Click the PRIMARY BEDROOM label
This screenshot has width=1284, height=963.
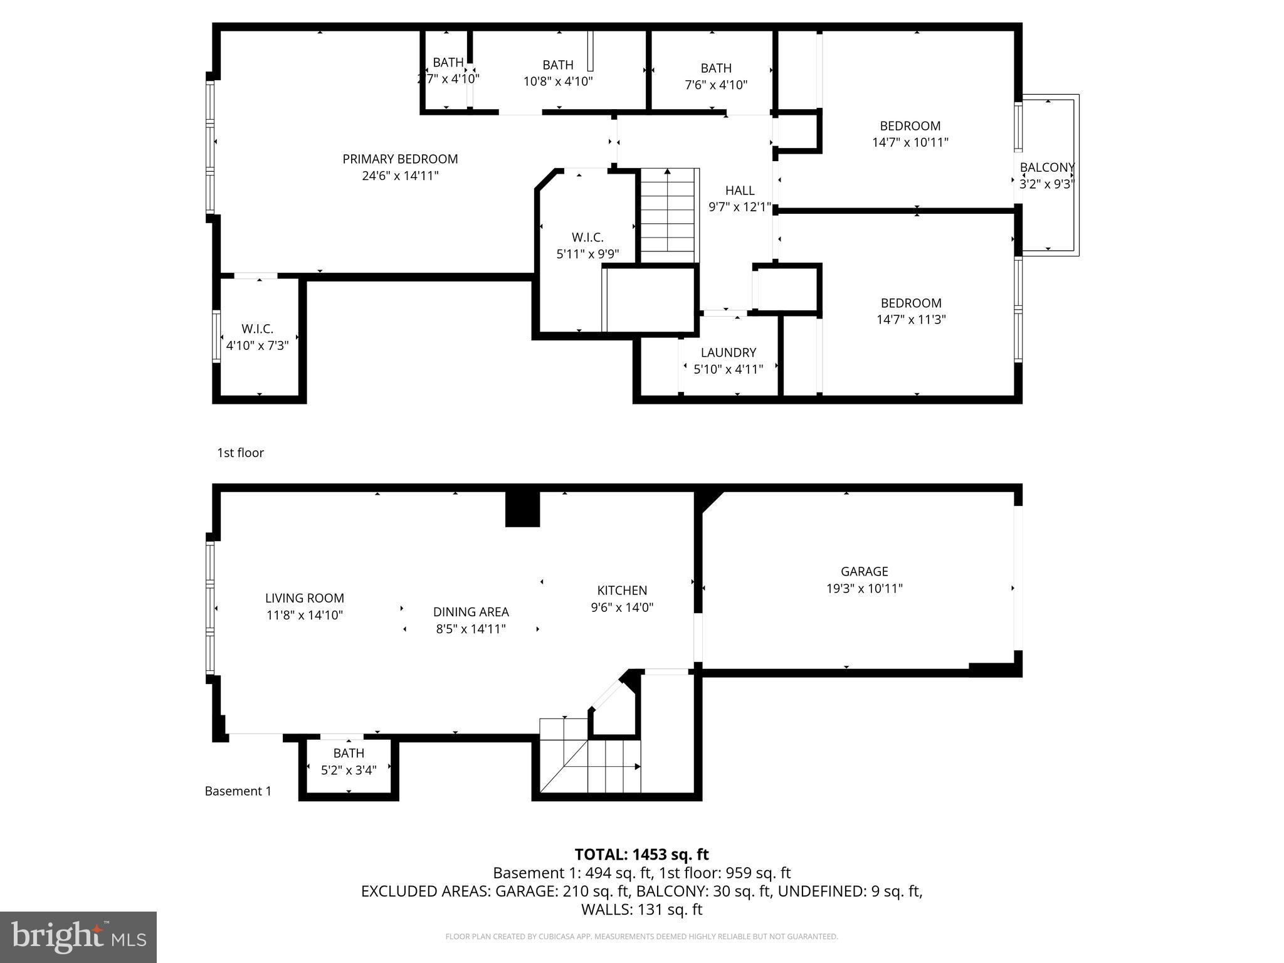click(x=400, y=159)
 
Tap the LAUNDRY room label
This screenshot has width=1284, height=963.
click(x=728, y=352)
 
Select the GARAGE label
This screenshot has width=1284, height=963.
click(x=864, y=571)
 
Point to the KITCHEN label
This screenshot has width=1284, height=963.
click(x=621, y=590)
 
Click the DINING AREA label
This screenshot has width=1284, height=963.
click(x=471, y=612)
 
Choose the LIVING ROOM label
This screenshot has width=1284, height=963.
click(x=304, y=598)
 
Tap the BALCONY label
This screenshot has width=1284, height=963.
click(x=1047, y=167)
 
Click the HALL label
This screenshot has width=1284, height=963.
click(x=740, y=191)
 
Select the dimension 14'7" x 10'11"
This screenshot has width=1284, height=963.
click(x=910, y=142)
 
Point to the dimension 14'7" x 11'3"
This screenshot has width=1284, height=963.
click(x=910, y=320)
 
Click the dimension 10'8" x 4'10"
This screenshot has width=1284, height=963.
click(x=557, y=82)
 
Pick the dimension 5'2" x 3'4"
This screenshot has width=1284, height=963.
click(x=348, y=770)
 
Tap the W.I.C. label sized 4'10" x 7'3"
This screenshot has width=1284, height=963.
click(x=257, y=329)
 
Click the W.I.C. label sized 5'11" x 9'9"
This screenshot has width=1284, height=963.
click(x=587, y=238)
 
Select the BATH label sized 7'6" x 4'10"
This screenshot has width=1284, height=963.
click(x=716, y=68)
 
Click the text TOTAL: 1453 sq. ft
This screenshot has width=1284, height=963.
click(x=641, y=855)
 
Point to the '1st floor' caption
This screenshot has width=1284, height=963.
click(x=240, y=453)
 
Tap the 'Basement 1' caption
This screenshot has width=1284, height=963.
click(x=238, y=791)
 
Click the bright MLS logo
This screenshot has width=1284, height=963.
click(x=78, y=937)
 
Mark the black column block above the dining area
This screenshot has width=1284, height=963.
click(x=522, y=508)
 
